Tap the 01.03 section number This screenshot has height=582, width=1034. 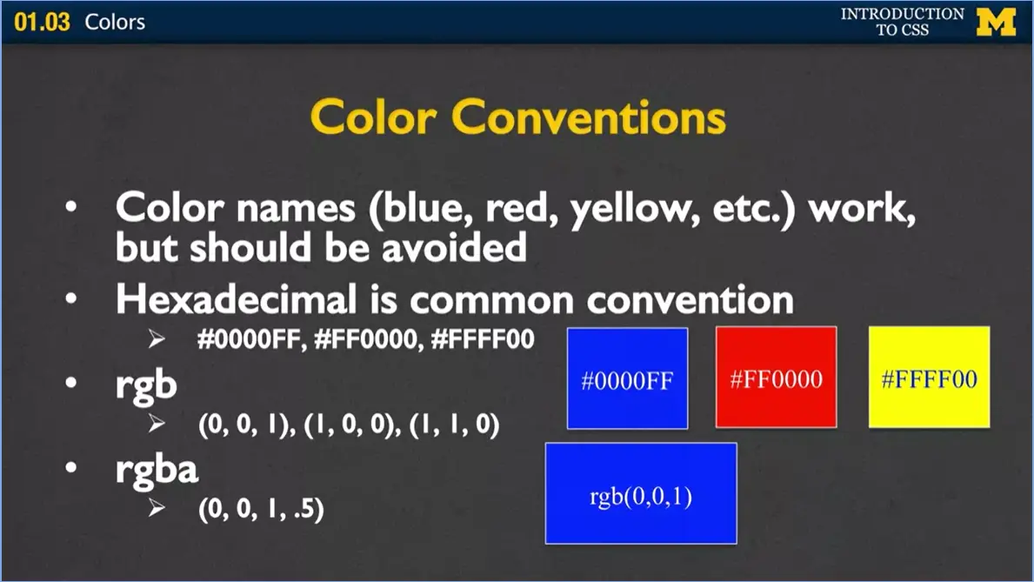pyautogui.click(x=42, y=22)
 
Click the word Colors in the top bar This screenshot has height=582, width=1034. pyautogui.click(x=115, y=22)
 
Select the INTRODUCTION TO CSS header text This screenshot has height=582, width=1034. pyautogui.click(x=903, y=22)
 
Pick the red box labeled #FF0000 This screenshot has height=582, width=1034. pyautogui.click(x=776, y=378)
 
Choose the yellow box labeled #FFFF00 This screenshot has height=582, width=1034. pyautogui.click(x=929, y=378)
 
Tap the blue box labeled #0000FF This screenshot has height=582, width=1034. pyautogui.click(x=627, y=378)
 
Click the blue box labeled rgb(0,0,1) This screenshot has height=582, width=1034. pyautogui.click(x=641, y=493)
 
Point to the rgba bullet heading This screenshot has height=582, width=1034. pyautogui.click(x=157, y=469)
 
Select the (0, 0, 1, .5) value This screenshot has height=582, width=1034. pyautogui.click(x=261, y=510)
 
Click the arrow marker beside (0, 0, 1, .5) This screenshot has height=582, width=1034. pyautogui.click(x=157, y=509)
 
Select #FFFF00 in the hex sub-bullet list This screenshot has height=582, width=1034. pyautogui.click(x=482, y=339)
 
